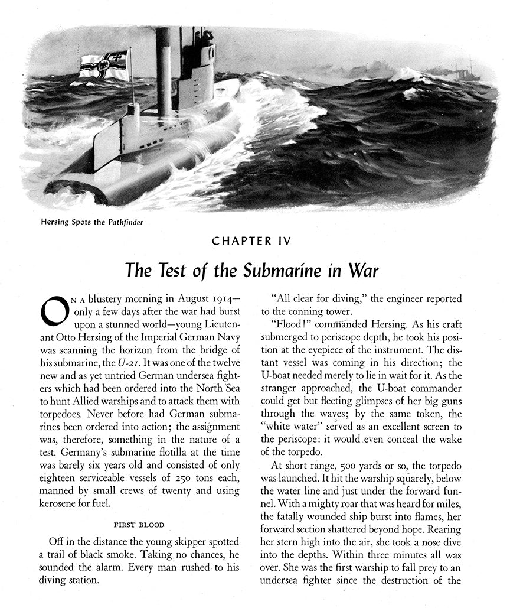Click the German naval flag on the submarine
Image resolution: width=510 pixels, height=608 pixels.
pos(104,65)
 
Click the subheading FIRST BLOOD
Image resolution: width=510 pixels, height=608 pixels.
pos(139,525)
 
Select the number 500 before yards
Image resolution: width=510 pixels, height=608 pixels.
pos(345,465)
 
